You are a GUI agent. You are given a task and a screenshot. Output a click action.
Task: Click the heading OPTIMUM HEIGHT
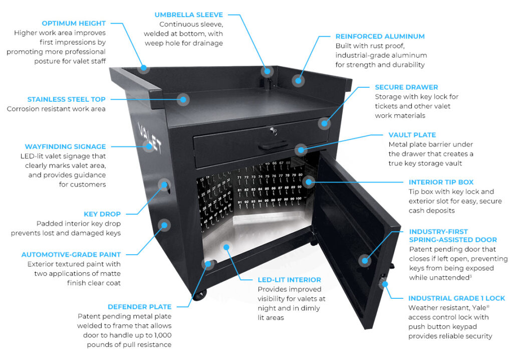[x=73, y=23]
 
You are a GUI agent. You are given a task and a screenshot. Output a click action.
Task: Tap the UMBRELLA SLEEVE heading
[x=188, y=15]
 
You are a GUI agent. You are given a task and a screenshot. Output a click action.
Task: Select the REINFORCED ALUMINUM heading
[x=380, y=37]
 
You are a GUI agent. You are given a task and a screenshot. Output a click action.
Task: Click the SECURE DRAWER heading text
[x=406, y=87]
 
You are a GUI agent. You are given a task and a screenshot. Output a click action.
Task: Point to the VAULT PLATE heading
[x=412, y=135]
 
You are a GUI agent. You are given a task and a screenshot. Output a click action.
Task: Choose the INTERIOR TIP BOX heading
[x=441, y=182]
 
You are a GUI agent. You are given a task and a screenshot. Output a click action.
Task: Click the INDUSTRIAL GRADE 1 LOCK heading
[x=456, y=298]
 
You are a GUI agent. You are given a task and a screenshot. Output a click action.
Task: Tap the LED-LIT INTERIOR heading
[x=289, y=280]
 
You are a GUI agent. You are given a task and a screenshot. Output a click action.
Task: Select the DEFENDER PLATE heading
[x=139, y=307]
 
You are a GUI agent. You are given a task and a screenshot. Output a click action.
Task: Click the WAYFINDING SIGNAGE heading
[x=65, y=147]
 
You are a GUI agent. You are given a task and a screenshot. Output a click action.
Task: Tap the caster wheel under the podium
[x=201, y=295]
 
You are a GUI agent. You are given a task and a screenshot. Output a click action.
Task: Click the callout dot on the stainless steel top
[x=184, y=99]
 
